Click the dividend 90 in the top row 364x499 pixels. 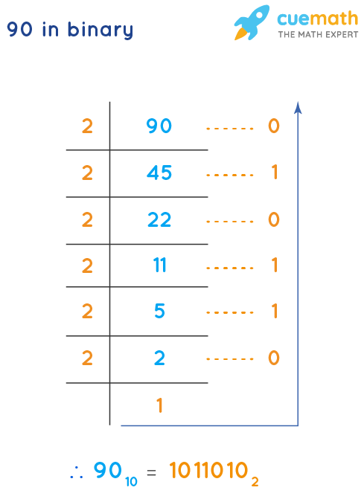[x=159, y=126]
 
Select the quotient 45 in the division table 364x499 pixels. [x=159, y=173]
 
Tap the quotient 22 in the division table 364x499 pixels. [x=159, y=219]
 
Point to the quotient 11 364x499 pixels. [x=159, y=266]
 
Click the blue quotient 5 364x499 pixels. [x=159, y=312]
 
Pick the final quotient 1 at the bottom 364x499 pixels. [x=159, y=406]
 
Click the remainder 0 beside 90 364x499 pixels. [x=273, y=126]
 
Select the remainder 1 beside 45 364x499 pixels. [x=274, y=173]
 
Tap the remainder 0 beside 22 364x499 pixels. [x=273, y=219]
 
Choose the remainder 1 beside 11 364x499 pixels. [x=274, y=266]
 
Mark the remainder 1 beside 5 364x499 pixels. [x=274, y=312]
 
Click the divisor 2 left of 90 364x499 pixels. [x=87, y=126]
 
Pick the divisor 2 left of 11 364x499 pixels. [x=87, y=266]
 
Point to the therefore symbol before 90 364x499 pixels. [x=76, y=471]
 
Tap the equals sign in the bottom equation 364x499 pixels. [x=151, y=471]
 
